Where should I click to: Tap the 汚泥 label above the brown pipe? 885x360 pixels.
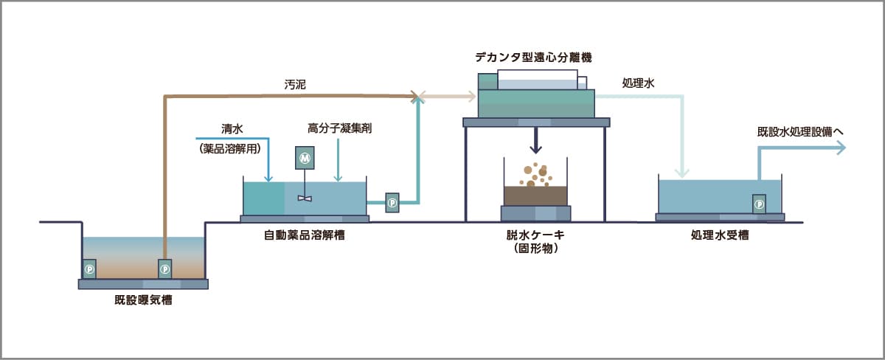coord(295,84)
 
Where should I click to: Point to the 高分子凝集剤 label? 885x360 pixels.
coord(339,128)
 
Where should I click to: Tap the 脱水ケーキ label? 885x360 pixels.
coord(535,236)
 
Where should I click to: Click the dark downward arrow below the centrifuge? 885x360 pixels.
coord(536,139)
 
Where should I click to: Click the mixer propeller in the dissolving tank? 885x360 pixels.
coord(305,197)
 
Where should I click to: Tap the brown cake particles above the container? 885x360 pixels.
coord(536,173)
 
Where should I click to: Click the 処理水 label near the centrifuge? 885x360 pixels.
coord(638,84)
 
